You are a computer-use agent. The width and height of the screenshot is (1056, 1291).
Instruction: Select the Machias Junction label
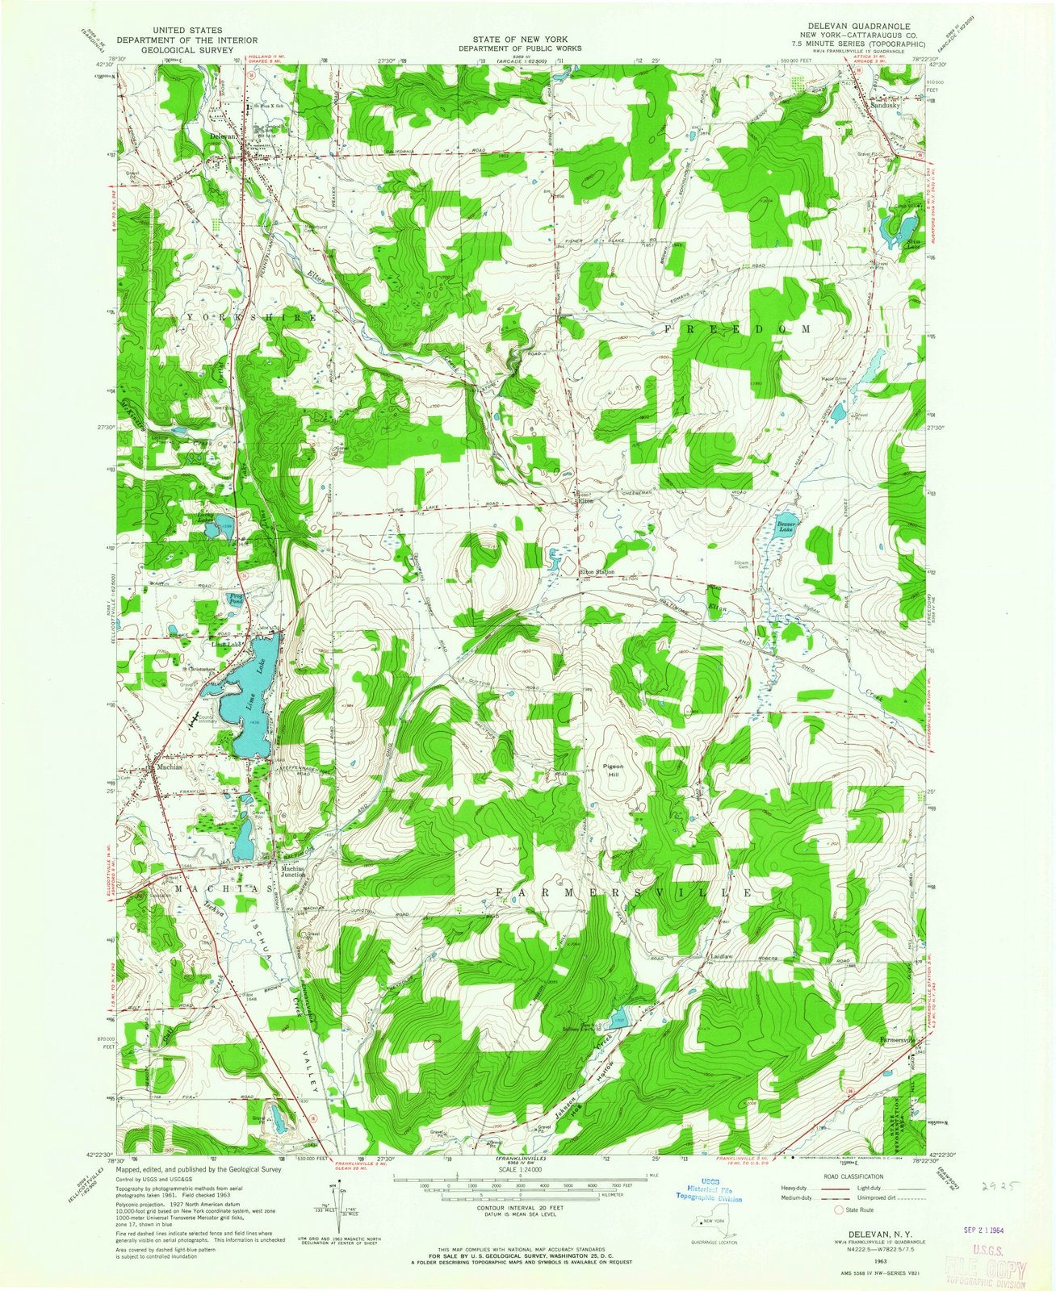(292, 871)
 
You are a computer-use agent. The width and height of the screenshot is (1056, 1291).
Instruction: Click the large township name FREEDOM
(738, 329)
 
